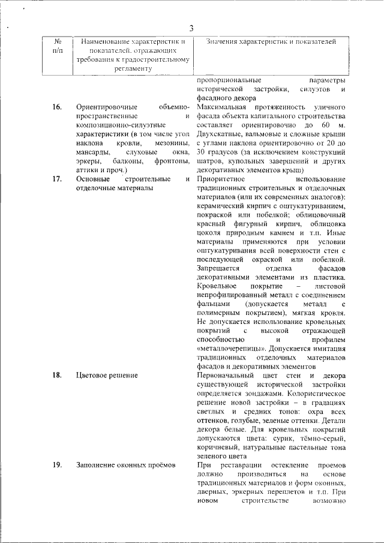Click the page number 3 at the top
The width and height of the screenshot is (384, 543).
191,28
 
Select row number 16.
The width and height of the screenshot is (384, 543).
57,107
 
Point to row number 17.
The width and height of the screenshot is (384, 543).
57,179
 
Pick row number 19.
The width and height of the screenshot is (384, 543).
57,465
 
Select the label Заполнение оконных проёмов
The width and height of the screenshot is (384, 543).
125,465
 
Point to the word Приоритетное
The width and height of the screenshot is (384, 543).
221,179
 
